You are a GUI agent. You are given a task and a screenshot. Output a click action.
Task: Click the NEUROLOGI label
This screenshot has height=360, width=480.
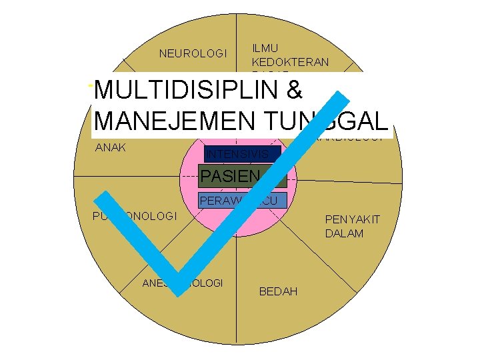pyautogui.click(x=193, y=53)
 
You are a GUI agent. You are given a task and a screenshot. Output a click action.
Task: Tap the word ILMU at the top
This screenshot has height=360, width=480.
pyautogui.click(x=265, y=48)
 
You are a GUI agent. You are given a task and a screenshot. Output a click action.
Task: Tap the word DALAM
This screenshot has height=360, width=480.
pyautogui.click(x=344, y=233)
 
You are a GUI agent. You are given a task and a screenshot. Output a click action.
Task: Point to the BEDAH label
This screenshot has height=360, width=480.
pyautogui.click(x=279, y=292)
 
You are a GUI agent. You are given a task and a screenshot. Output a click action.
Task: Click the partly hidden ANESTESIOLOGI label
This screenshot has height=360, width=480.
pyautogui.click(x=183, y=283)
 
